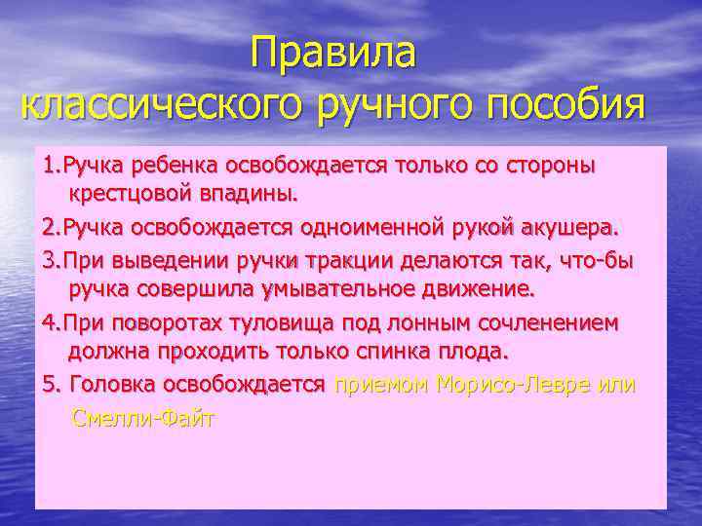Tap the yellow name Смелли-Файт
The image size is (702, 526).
point(142,419)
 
